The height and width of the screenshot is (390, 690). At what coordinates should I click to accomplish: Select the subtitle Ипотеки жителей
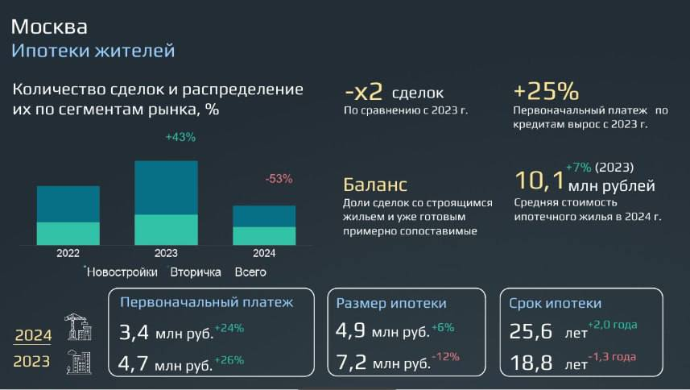click(x=93, y=51)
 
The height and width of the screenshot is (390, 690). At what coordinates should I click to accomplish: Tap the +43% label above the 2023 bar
click(x=180, y=137)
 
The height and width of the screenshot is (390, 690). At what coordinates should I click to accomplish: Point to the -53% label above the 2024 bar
click(x=279, y=178)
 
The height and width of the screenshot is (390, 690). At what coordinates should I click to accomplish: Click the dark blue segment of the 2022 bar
click(x=68, y=204)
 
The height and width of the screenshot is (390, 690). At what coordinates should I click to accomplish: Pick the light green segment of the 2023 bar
click(x=166, y=229)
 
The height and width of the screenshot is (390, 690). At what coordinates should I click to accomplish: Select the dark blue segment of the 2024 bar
click(x=264, y=216)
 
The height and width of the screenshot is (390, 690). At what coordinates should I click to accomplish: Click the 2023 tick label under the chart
click(x=166, y=253)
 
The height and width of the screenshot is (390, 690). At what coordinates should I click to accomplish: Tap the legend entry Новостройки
click(x=122, y=272)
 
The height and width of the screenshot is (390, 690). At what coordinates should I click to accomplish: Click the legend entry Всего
click(x=250, y=272)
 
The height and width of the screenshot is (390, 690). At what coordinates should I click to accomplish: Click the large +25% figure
click(x=546, y=90)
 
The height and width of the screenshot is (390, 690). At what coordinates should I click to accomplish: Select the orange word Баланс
click(x=375, y=185)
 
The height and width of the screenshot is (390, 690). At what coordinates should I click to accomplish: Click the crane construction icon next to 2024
click(x=77, y=328)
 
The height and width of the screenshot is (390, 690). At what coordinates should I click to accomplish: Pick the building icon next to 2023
click(x=78, y=362)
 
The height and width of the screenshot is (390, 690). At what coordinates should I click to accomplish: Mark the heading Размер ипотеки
click(x=391, y=303)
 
